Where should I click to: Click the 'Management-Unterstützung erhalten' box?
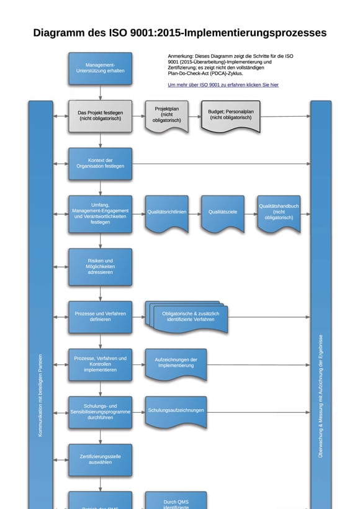(100, 68)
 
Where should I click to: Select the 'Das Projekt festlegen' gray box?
(100, 116)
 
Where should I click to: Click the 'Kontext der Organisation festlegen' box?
(100, 164)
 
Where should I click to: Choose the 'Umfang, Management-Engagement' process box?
(100, 214)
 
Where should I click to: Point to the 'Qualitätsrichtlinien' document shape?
(166, 213)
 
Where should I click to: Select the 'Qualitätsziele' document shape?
(222, 213)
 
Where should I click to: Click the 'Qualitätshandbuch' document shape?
(279, 213)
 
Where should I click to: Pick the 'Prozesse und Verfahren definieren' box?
(100, 317)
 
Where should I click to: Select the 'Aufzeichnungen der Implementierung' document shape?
(176, 364)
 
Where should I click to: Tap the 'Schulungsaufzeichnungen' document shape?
(176, 411)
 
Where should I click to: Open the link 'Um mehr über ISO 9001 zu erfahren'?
(223, 84)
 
